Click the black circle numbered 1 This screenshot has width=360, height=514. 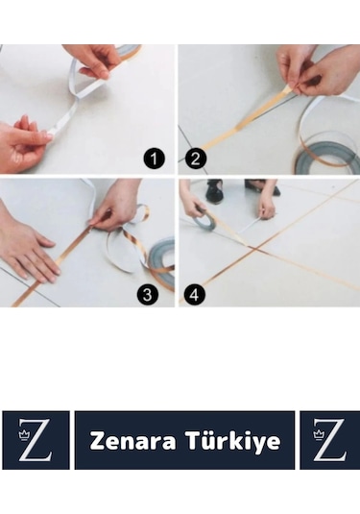point(154,159)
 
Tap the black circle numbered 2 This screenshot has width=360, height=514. point(196,159)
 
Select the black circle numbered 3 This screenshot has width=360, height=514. point(148,294)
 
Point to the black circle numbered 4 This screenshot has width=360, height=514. point(194,294)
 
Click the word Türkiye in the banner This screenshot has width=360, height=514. point(233,441)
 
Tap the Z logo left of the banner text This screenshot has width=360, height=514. point(36,440)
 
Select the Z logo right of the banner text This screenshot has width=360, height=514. point(330,440)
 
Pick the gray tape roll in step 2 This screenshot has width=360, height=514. point(327,157)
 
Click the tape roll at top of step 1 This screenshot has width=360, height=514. point(131,51)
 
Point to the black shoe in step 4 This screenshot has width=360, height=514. point(213,192)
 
